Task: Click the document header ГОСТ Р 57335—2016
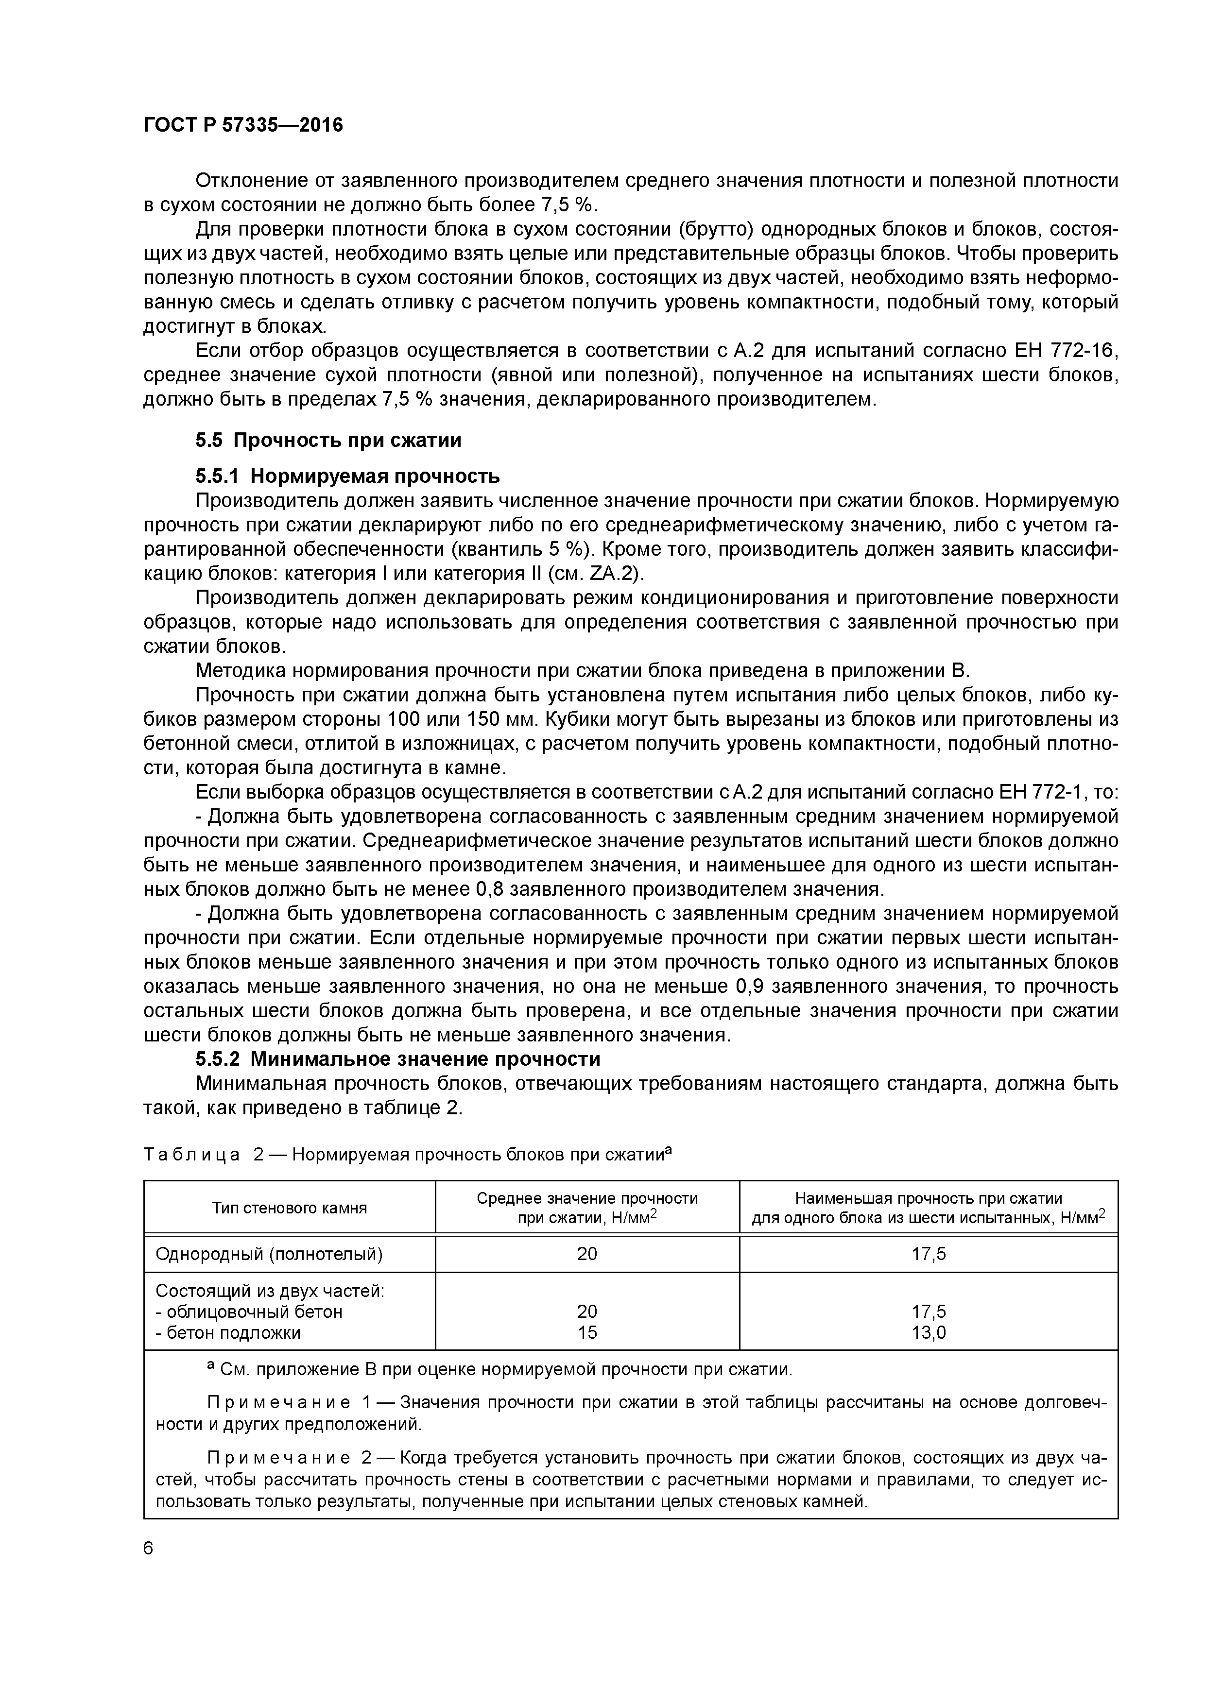coord(243,125)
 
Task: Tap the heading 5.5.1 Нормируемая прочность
coord(347,475)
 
